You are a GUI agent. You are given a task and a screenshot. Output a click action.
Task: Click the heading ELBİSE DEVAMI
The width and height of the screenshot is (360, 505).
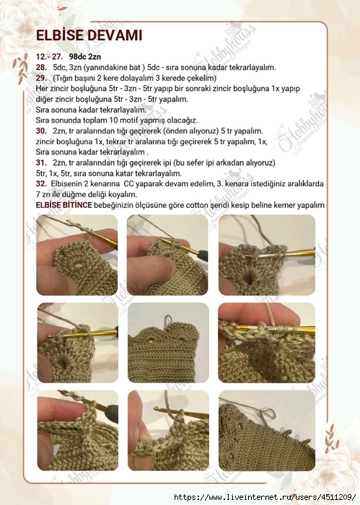(89, 36)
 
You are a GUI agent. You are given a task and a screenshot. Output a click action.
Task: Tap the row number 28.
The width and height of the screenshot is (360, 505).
(41, 67)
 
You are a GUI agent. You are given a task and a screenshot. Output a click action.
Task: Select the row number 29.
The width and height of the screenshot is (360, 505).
(41, 77)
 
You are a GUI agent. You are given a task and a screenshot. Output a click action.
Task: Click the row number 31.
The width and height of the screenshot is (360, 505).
(41, 163)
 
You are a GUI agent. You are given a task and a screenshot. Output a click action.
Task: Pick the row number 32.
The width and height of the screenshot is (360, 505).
(41, 184)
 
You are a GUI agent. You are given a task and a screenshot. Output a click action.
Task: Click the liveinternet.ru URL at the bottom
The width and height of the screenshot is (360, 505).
(266, 498)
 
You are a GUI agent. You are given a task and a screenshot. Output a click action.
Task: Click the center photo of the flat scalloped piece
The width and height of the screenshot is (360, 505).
(167, 342)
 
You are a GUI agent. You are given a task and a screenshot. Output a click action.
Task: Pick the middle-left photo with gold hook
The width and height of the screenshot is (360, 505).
(76, 342)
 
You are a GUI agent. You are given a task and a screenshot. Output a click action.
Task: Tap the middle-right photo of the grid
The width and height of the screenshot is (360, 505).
(266, 342)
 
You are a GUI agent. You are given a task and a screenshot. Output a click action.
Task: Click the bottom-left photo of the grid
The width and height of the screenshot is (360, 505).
(76, 430)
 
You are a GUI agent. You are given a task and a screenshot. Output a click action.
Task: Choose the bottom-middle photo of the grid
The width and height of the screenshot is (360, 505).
(167, 430)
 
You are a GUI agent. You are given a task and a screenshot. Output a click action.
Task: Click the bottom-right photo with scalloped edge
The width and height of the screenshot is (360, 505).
(266, 430)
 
